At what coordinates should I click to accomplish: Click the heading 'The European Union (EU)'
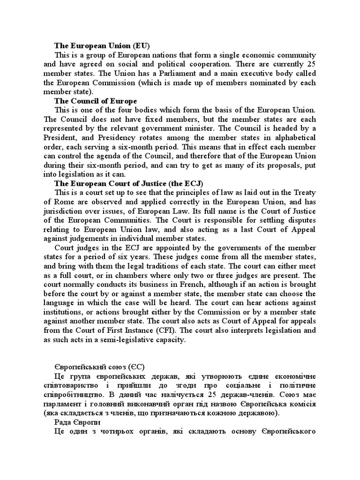[x=102, y=46]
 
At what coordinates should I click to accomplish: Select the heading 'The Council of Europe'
[x=96, y=101]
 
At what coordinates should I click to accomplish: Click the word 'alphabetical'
[x=293, y=137]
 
